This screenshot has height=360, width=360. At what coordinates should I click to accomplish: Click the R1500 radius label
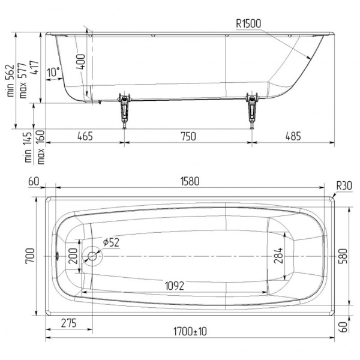[x=248, y=23]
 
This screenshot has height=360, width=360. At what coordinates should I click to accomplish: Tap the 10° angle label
[x=53, y=72]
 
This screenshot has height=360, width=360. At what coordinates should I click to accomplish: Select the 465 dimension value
[x=85, y=136]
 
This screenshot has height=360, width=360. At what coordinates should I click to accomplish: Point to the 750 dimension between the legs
[x=188, y=136]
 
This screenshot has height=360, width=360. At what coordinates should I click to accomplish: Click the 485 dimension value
[x=293, y=136]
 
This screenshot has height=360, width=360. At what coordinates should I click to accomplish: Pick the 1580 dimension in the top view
[x=190, y=181]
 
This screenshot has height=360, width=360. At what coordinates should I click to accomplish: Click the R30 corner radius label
[x=344, y=186]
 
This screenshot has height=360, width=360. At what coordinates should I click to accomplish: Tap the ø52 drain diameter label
[x=111, y=242]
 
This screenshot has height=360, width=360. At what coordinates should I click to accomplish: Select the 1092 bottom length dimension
[x=175, y=286]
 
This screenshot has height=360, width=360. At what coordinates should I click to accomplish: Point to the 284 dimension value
[x=278, y=255]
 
